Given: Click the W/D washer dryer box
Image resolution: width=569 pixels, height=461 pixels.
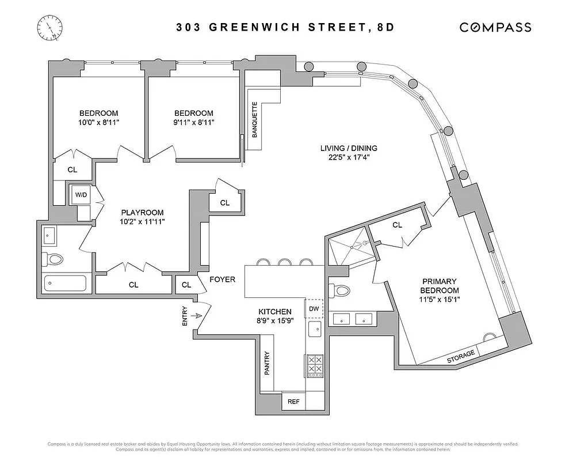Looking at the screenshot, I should click(81, 195).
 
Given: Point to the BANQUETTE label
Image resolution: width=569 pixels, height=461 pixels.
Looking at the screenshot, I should click(255, 120).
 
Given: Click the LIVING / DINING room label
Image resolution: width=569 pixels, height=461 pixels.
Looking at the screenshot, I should click(349, 148).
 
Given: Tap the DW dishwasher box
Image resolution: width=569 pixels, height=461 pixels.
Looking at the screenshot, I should click(314, 309).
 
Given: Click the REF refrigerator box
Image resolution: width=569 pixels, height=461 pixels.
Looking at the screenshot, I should click(294, 401).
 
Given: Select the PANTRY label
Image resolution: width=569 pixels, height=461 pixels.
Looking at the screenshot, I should click(267, 363).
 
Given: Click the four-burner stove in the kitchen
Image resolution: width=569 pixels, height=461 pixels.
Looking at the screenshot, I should click(314, 365).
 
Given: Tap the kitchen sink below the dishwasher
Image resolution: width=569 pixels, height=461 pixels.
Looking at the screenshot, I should click(314, 330).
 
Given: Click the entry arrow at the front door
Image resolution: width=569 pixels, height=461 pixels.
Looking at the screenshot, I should click(196, 316).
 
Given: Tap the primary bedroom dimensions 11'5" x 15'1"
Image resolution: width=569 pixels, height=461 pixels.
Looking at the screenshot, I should click(440, 299).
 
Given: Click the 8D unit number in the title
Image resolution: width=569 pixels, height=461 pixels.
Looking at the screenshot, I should click(384, 27).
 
